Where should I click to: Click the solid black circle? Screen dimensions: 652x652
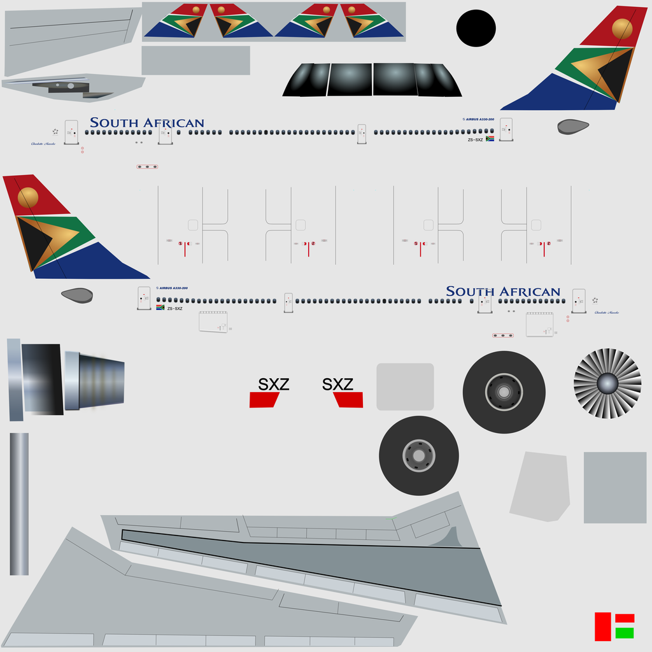(x=476, y=29)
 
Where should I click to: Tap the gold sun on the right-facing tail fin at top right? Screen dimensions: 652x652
(x=622, y=28)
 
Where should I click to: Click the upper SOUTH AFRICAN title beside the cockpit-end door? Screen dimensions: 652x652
(x=147, y=123)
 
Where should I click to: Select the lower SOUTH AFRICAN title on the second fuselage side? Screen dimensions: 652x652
(x=503, y=292)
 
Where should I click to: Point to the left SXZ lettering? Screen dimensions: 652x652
(x=274, y=384)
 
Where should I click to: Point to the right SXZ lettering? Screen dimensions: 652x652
(x=337, y=384)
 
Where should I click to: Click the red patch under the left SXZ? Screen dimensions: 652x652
(x=264, y=400)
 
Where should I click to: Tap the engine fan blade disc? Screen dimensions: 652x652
(x=607, y=383)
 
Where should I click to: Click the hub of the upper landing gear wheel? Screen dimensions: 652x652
(x=504, y=392)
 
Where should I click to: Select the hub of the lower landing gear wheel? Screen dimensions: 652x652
(x=418, y=456)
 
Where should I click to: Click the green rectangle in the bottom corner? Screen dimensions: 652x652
(x=625, y=633)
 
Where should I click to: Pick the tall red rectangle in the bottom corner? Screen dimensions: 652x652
(x=602, y=627)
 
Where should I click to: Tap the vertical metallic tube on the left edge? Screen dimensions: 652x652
(x=19, y=504)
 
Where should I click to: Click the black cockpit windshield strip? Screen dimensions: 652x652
(x=372, y=80)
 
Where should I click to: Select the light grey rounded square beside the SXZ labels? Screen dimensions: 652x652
(x=405, y=386)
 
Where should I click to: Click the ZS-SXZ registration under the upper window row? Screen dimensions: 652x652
(x=476, y=139)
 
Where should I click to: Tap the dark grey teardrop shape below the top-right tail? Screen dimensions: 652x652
(x=572, y=127)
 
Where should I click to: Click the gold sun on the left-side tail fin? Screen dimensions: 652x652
(x=28, y=197)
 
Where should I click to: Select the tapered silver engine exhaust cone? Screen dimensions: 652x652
(x=96, y=380)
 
